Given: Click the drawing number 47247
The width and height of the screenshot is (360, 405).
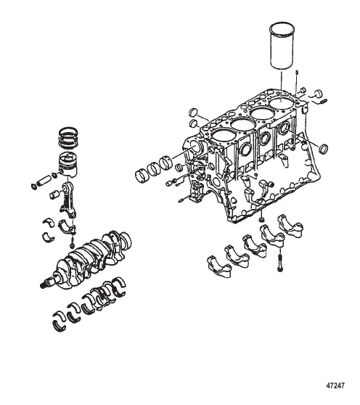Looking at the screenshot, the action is tap(335, 386).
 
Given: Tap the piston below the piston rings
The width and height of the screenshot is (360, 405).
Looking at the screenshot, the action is tap(68, 164).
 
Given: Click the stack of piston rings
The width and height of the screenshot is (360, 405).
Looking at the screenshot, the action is tap(67, 138).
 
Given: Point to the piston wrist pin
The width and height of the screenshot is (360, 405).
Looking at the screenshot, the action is tap(44, 180).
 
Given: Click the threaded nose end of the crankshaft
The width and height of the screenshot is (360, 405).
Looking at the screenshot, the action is tap(46, 282).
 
